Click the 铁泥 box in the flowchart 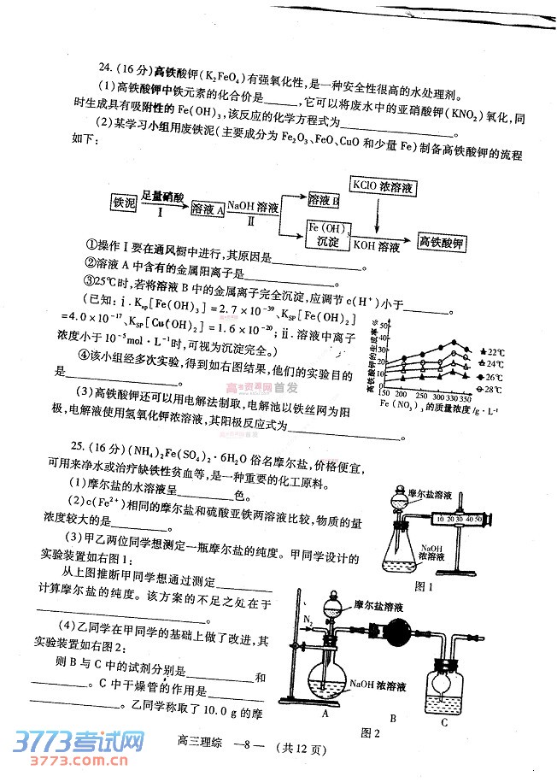tap(125, 203)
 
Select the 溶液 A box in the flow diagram tap(208, 209)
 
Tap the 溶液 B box tap(324, 198)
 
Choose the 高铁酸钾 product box tap(440, 241)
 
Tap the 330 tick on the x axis tap(453, 399)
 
